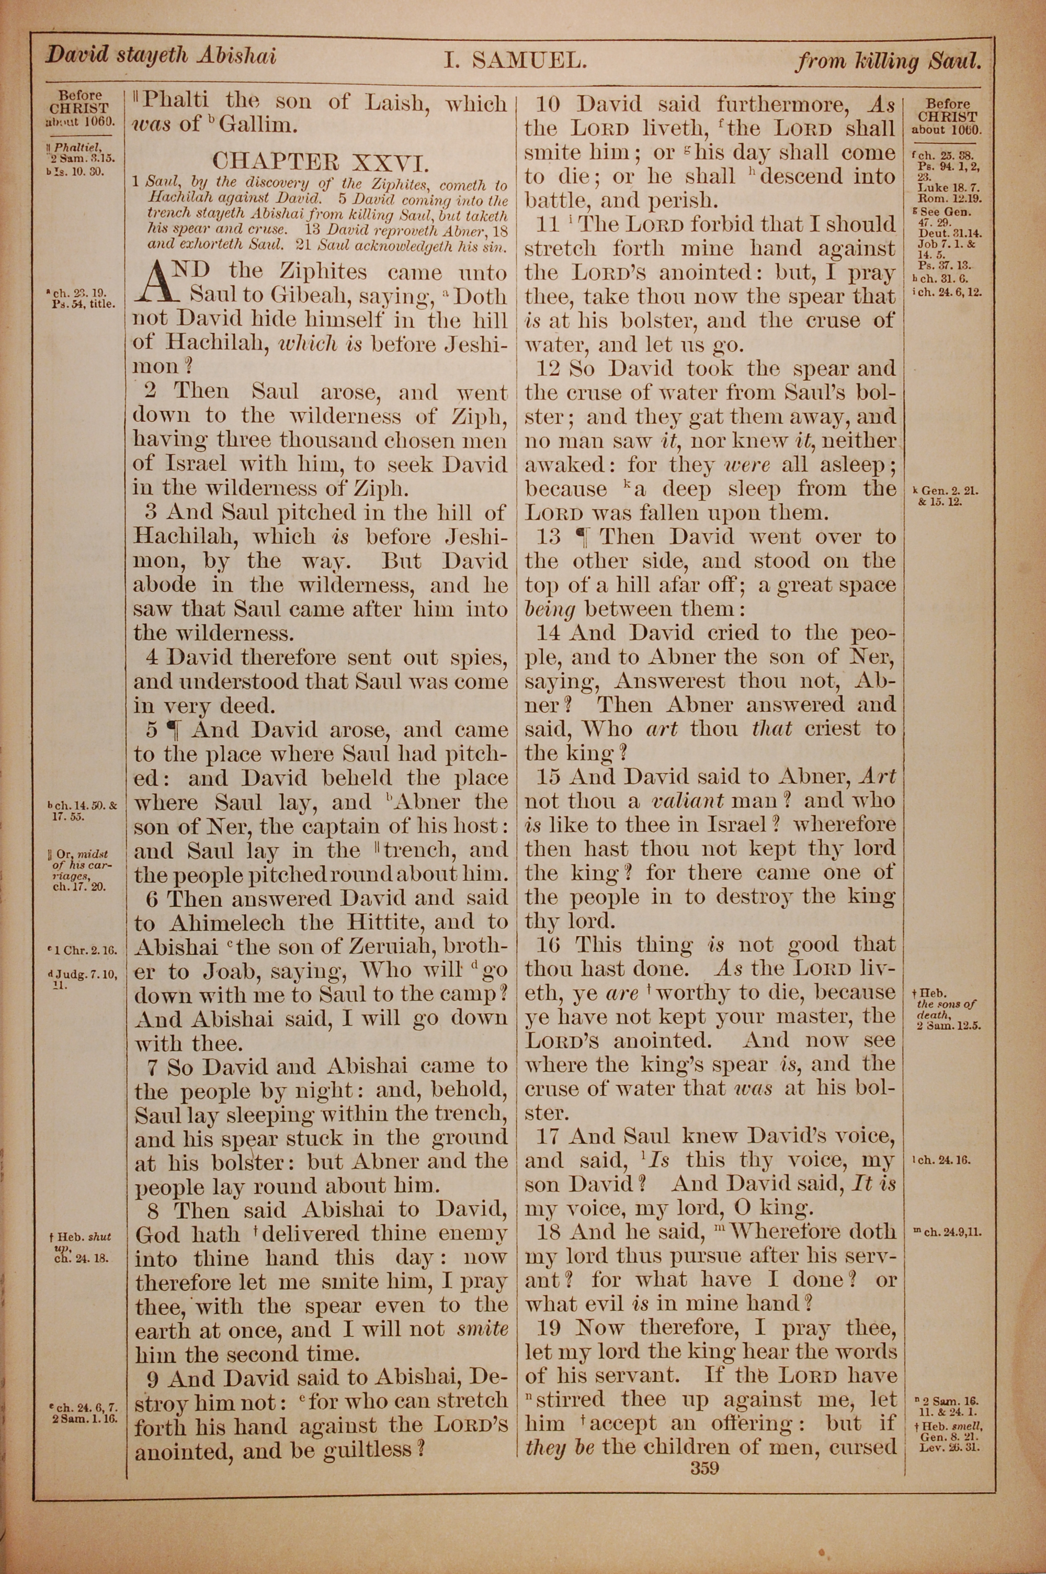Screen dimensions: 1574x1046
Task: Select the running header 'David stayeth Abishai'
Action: tap(160, 56)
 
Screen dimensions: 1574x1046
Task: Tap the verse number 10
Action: tap(552, 104)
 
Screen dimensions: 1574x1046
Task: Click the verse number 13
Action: tap(551, 537)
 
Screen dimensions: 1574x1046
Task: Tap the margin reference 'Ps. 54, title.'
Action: tap(85, 304)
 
